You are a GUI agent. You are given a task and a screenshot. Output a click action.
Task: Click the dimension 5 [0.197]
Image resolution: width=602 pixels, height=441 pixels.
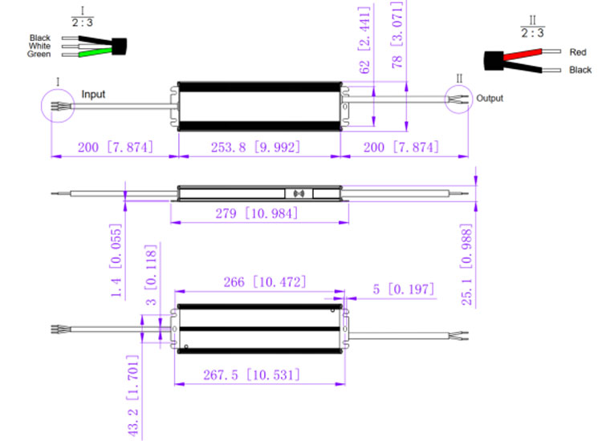[404, 289]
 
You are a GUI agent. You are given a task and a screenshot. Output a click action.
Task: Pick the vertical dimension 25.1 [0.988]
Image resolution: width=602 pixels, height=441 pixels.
[478, 265]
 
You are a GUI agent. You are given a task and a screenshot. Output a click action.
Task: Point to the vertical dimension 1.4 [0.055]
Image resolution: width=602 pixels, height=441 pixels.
[118, 261]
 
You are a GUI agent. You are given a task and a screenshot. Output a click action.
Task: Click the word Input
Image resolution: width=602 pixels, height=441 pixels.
[93, 94]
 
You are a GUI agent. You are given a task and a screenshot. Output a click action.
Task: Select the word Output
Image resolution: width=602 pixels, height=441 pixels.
[490, 99]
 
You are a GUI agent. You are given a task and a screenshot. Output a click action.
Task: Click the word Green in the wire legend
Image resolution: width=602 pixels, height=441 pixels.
[39, 55]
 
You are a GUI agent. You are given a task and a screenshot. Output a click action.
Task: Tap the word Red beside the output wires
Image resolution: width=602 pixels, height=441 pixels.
[577, 52]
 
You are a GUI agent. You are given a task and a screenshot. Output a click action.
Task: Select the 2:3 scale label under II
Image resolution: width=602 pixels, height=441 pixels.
[532, 34]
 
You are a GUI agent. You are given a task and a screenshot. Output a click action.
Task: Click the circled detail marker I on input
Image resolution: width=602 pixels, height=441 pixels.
[59, 105]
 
